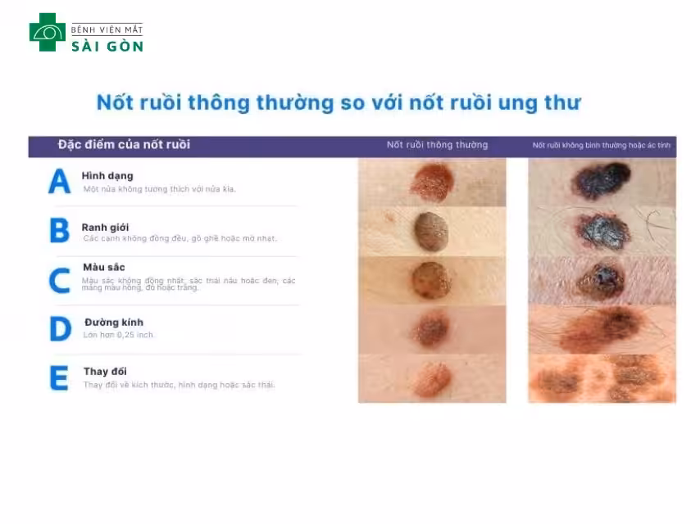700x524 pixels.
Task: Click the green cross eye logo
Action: point(47,32)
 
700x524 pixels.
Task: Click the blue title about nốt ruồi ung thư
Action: point(338,102)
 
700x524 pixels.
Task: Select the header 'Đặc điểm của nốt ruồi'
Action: point(124,145)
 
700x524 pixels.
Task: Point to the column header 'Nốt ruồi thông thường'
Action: point(437,145)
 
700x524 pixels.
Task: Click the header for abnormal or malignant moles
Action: point(602,146)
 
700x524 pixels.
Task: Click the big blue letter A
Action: point(59,182)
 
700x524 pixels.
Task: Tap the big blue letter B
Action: point(59,231)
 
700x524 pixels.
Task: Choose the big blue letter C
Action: point(59,280)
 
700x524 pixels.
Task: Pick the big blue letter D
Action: point(60,329)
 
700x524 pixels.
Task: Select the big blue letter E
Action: point(59,378)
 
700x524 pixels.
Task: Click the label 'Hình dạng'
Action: point(107,176)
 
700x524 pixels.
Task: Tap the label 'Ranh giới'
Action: point(106,227)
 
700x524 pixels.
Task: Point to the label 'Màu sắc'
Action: point(104,268)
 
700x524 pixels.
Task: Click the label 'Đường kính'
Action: point(114,323)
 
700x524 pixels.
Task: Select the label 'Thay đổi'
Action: point(106,372)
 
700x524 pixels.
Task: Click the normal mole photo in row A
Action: point(432,182)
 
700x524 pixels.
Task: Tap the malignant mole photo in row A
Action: point(602,182)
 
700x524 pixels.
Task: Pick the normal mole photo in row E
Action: point(432,378)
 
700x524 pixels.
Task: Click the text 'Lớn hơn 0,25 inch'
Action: point(118,335)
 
